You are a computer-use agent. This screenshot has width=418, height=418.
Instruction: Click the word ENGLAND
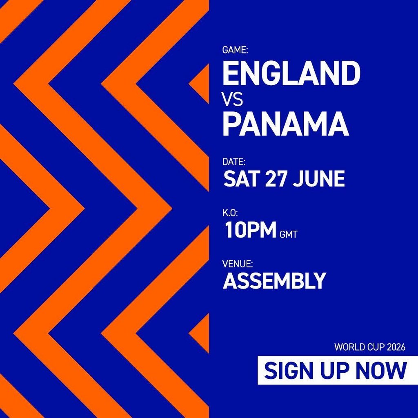[x=291, y=73]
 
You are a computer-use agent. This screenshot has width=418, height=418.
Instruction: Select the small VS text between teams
[x=232, y=99]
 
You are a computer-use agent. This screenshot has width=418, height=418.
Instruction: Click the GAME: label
[x=235, y=50]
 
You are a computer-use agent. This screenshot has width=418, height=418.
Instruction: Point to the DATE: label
[x=234, y=162]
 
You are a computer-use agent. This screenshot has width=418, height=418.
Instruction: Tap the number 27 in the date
[x=276, y=179]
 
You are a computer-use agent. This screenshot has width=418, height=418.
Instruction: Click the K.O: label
[x=230, y=213]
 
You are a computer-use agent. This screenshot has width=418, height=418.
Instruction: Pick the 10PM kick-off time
[x=250, y=230]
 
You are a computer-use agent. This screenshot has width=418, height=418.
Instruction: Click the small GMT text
[x=289, y=235]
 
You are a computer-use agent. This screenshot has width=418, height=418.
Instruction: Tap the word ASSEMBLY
[x=274, y=281]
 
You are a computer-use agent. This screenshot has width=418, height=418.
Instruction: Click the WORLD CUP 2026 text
[x=370, y=347]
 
